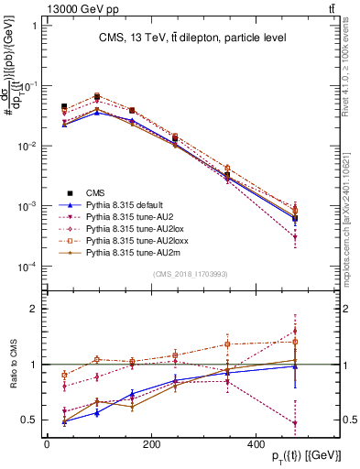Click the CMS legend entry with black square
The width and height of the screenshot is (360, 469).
(95, 192)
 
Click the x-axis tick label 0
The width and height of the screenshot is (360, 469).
(47, 444)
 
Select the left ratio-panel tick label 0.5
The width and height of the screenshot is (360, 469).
(29, 420)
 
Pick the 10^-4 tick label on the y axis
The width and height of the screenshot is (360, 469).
(27, 267)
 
